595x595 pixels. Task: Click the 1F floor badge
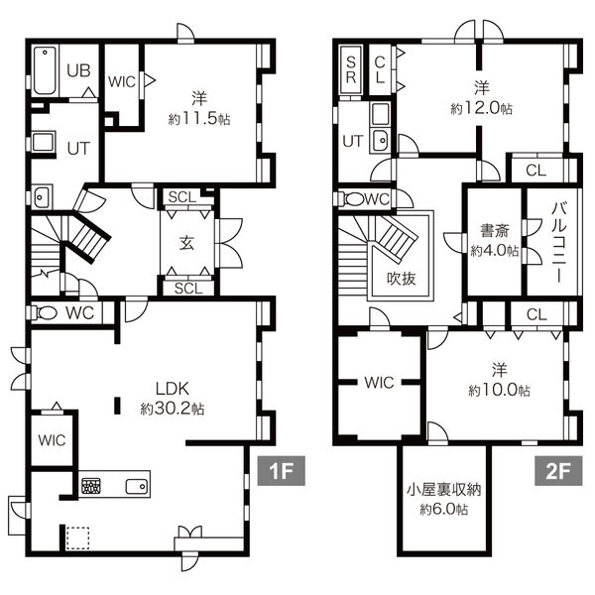click(x=282, y=471)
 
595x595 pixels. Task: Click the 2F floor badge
click(x=558, y=471)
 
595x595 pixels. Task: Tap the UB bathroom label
click(x=78, y=70)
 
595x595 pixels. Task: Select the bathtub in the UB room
click(x=45, y=71)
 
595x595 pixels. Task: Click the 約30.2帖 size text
click(x=173, y=409)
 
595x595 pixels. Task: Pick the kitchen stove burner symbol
click(x=91, y=486)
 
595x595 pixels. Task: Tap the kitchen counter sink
click(x=137, y=486)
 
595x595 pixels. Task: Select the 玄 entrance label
click(x=187, y=243)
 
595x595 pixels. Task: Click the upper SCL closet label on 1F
click(x=182, y=197)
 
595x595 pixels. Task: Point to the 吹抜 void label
click(x=401, y=279)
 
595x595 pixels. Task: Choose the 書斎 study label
click(x=495, y=231)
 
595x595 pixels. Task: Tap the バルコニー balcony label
click(x=559, y=243)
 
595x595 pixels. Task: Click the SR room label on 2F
click(x=351, y=70)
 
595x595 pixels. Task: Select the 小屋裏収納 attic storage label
click(x=443, y=490)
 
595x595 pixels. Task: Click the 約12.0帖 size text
click(x=482, y=109)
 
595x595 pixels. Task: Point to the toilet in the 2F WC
click(x=352, y=199)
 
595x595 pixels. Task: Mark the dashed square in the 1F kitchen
click(x=77, y=538)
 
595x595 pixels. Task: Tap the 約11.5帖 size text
click(x=199, y=119)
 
